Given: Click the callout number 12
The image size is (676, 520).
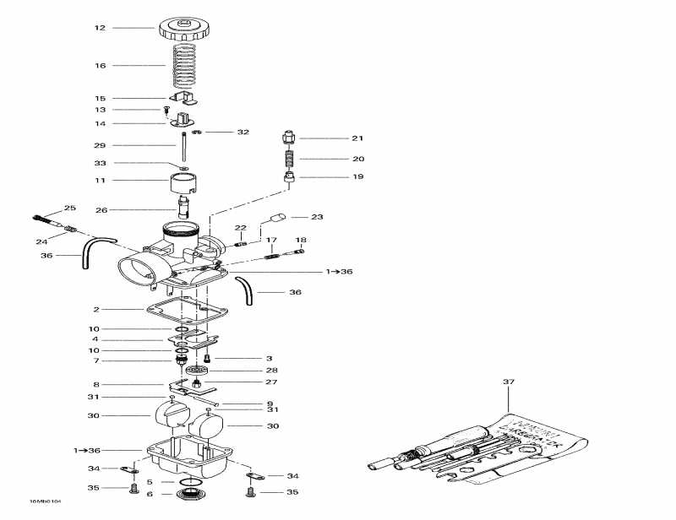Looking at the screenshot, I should [x=100, y=28].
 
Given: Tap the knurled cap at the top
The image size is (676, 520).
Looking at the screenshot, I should [x=184, y=29].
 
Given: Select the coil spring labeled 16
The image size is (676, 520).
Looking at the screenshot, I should [x=184, y=66].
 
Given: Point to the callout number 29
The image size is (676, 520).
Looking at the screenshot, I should [x=100, y=145].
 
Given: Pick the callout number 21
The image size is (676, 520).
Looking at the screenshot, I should [x=357, y=138].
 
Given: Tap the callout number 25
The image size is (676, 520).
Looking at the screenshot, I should [x=70, y=208].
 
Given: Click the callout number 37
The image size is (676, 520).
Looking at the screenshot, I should [x=508, y=382].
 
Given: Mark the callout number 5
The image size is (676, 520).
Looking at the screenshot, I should [x=150, y=482].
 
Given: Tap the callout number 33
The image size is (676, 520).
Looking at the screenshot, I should [x=100, y=163].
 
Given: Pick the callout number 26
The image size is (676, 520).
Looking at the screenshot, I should [x=100, y=210].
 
